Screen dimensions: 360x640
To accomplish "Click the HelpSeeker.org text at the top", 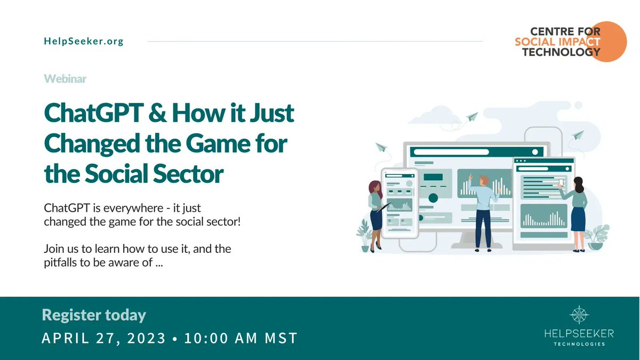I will [x=84, y=42].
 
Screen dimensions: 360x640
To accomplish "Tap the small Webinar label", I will [x=65, y=79].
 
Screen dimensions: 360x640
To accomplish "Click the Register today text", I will [x=94, y=315].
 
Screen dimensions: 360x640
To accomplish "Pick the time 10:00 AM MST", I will [x=241, y=339].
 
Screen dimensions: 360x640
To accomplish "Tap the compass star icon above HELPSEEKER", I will [x=579, y=315].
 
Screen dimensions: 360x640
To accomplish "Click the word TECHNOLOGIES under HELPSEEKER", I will [x=579, y=344].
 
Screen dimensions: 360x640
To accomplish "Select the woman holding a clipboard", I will [x=375, y=213].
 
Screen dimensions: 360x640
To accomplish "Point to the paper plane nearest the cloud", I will [x=472, y=116].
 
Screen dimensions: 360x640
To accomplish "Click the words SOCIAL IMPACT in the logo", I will [x=557, y=42].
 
